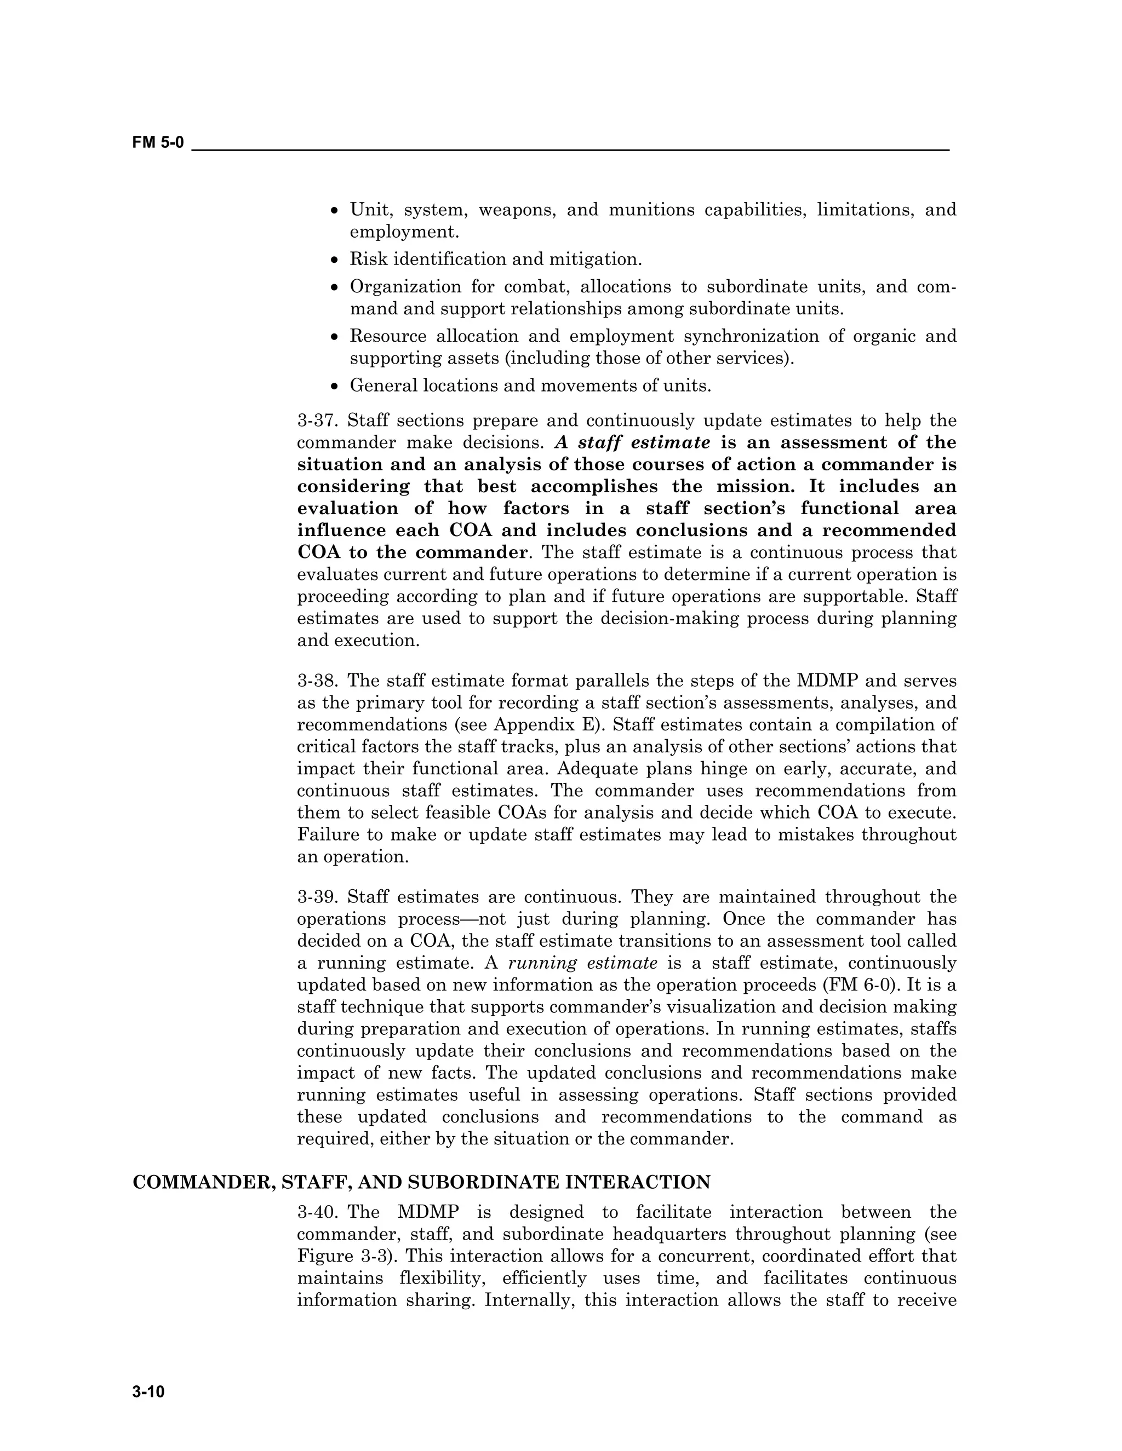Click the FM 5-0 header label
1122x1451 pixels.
click(158, 143)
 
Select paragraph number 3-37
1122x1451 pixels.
click(318, 421)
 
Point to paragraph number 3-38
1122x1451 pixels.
click(318, 681)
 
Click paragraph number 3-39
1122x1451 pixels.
click(318, 897)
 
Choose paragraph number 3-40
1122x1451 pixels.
click(318, 1212)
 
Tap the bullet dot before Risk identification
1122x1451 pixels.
click(335, 260)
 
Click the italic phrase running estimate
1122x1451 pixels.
click(582, 963)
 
